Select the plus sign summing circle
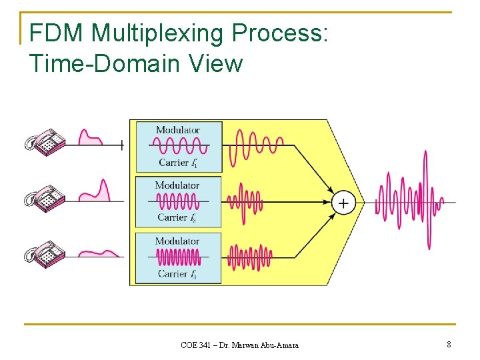click(x=343, y=203)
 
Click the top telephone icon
click(x=45, y=142)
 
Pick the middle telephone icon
click(x=45, y=198)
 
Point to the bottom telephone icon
click(x=45, y=254)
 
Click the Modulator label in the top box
click(x=177, y=129)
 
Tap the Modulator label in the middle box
click(x=177, y=185)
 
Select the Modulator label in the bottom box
click(x=177, y=241)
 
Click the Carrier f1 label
click(x=178, y=163)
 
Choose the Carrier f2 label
click(x=177, y=217)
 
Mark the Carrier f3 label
click(x=177, y=273)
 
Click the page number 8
click(x=449, y=345)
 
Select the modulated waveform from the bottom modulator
click(x=249, y=257)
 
